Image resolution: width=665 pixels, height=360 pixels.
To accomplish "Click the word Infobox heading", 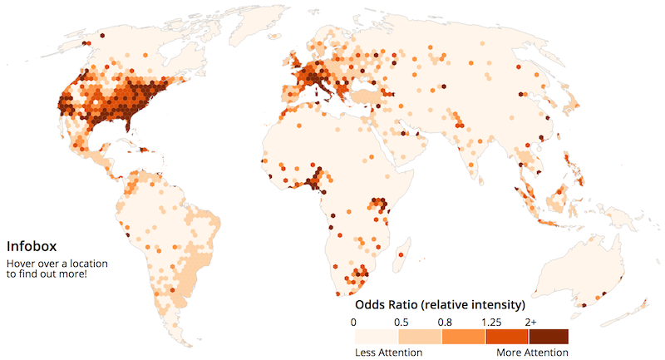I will click(31, 247).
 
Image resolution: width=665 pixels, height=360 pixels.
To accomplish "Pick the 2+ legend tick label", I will click(530, 321).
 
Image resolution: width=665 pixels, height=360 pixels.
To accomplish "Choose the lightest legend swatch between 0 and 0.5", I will click(377, 336).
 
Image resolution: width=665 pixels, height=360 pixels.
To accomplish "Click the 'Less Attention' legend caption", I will click(388, 353).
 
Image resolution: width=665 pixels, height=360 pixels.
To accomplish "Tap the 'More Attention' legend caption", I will click(533, 353).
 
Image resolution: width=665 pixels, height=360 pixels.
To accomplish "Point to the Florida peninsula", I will click(133, 127).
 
